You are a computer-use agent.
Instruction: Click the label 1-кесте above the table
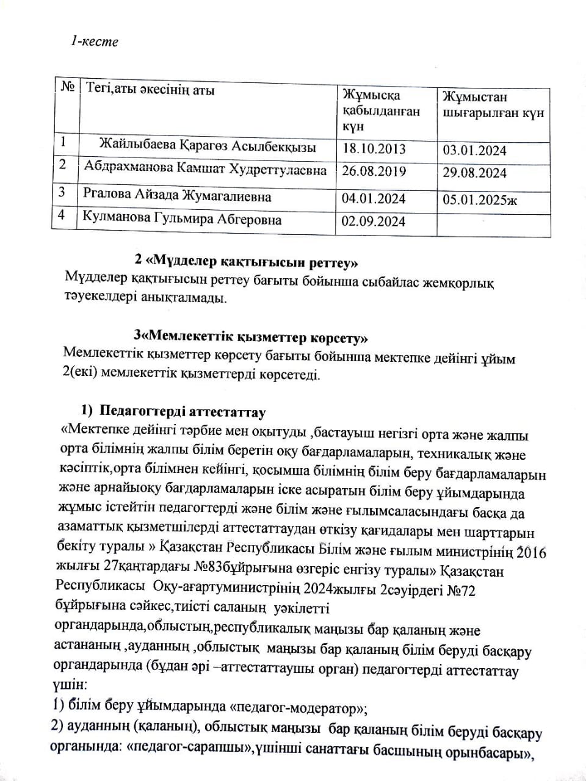[94, 41]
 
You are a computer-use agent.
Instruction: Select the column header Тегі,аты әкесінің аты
[151, 91]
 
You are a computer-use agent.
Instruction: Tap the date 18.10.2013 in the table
[374, 149]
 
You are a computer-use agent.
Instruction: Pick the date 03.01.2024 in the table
[474, 150]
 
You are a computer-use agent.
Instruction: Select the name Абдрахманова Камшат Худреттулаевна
[205, 170]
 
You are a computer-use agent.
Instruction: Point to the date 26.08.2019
[374, 171]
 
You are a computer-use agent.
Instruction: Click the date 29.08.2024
[474, 173]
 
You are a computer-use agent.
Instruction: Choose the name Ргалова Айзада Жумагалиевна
[177, 196]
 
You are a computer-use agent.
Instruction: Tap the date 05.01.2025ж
[479, 200]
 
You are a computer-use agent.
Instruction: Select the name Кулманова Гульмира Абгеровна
[183, 220]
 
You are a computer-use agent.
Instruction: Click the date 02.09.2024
[374, 221]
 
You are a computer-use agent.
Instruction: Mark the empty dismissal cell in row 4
[493, 224]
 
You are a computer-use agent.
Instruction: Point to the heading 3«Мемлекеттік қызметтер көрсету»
[250, 336]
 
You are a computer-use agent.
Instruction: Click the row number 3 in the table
[62, 193]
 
